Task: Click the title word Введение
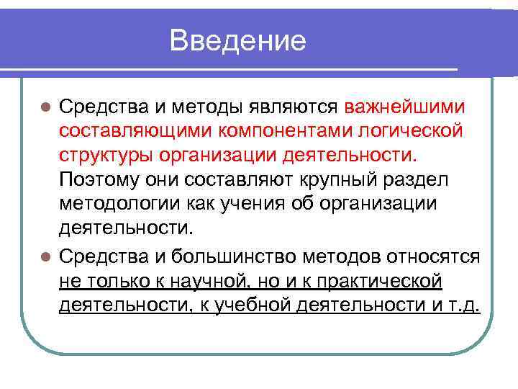point(238,40)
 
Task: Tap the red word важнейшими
point(405,107)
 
